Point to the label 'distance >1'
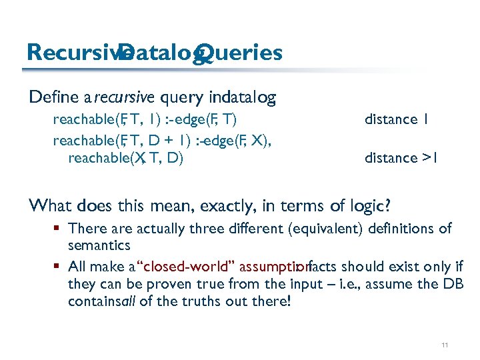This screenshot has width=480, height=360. [x=400, y=158]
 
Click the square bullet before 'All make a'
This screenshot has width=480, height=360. [x=59, y=267]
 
